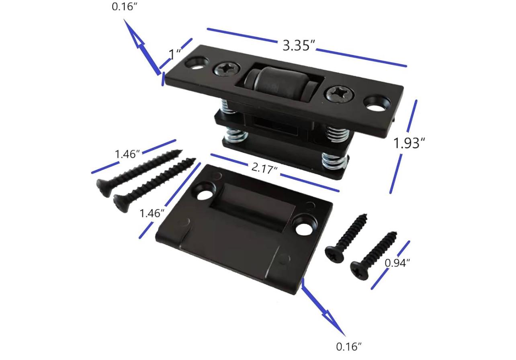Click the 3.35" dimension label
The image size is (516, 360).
click(299, 45)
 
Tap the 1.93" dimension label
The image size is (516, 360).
click(409, 143)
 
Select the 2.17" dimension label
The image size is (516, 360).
click(264, 168)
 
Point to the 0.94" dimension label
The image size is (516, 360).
click(397, 263)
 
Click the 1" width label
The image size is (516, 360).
click(174, 54)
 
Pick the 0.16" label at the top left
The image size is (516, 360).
click(125, 6)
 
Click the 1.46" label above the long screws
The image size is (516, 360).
click(127, 154)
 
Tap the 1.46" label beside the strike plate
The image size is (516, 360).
click(152, 213)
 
